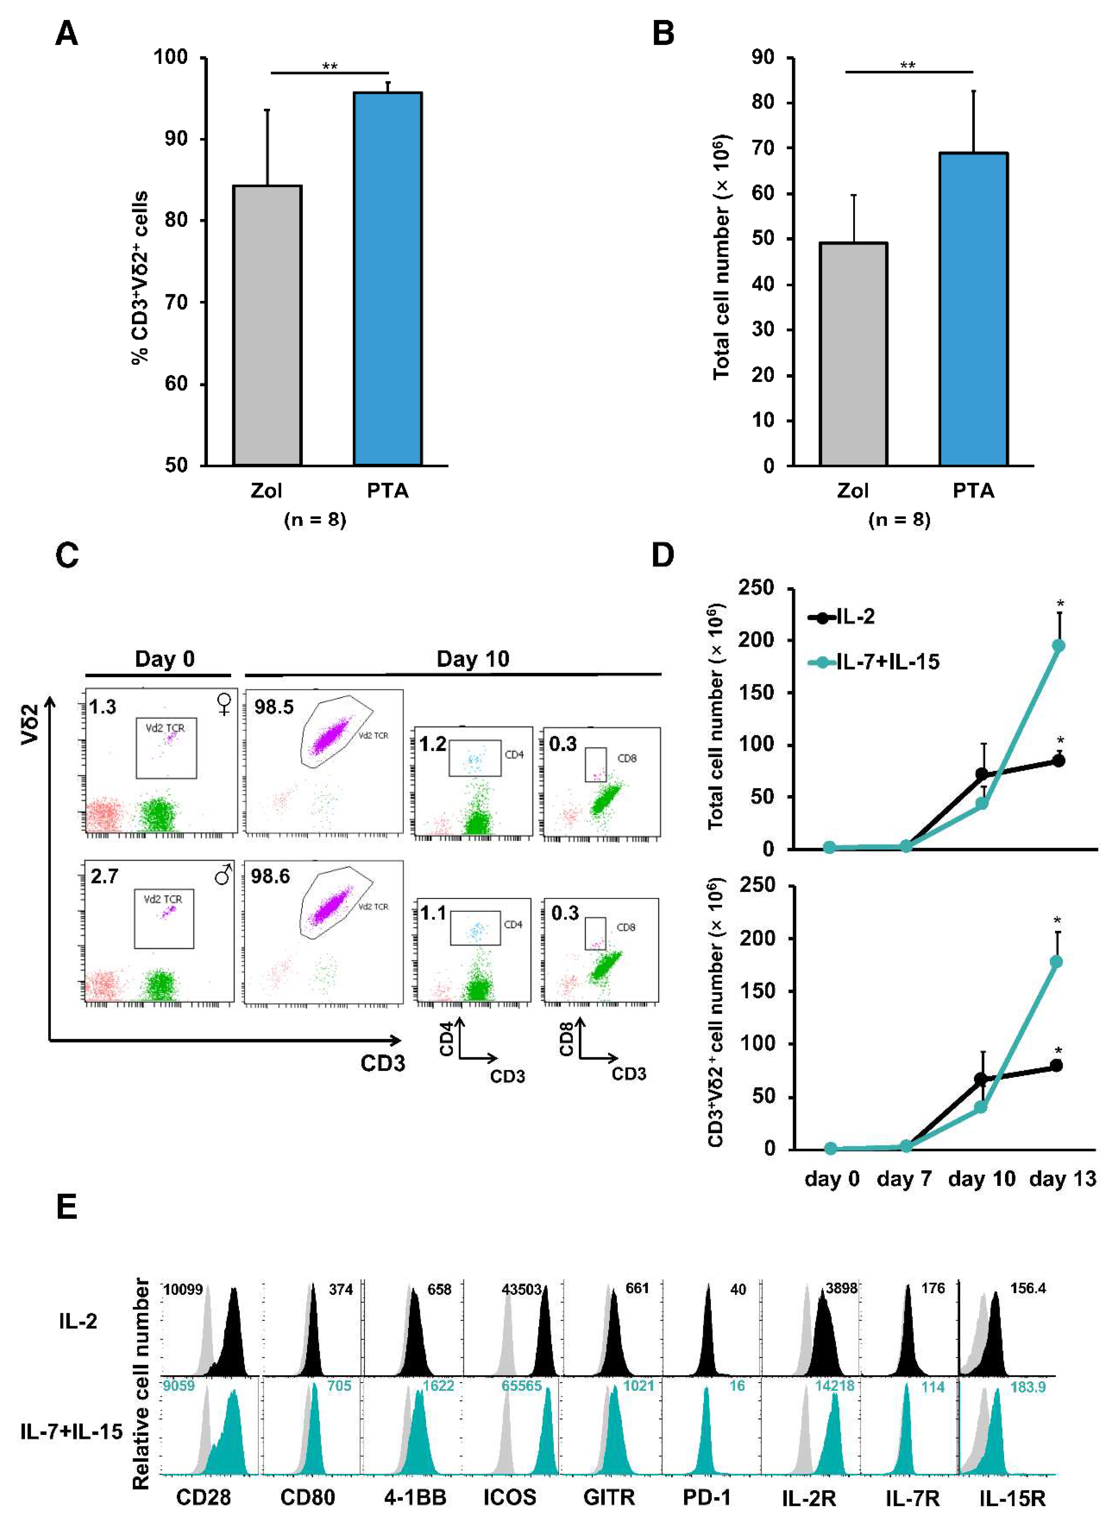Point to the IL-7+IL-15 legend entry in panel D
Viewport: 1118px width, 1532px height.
[x=873, y=661]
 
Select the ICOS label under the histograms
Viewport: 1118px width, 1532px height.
[x=510, y=1498]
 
